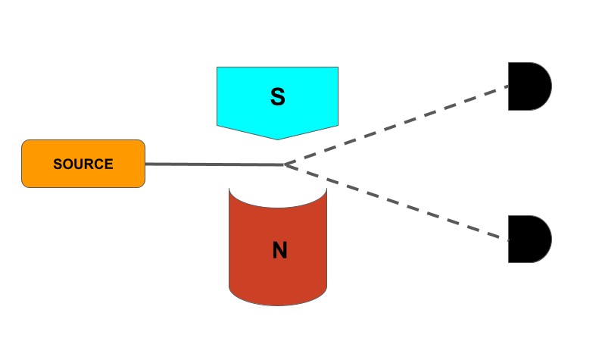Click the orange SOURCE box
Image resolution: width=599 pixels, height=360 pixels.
click(83, 164)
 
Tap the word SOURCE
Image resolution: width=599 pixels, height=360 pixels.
click(83, 164)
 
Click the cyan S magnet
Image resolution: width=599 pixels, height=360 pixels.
click(277, 99)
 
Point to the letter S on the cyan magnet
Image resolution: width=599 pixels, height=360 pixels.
click(278, 97)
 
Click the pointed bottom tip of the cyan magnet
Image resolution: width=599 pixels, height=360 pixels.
click(277, 139)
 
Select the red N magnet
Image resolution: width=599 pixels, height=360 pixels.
click(278, 250)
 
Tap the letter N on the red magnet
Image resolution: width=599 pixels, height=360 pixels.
click(279, 251)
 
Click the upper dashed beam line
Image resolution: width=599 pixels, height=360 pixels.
click(394, 124)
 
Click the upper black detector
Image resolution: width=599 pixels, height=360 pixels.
click(529, 87)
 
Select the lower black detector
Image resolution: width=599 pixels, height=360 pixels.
click(529, 239)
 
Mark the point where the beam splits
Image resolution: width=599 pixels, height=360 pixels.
click(283, 164)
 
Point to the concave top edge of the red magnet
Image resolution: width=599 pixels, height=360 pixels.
click(278, 204)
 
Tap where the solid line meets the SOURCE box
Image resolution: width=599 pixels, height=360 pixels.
click(145, 164)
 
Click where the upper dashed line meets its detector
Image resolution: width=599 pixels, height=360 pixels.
click(509, 86)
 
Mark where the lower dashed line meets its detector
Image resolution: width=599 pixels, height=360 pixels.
click(509, 240)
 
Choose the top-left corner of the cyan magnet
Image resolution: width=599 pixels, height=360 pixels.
click(218, 68)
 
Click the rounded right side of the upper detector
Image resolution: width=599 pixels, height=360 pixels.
click(551, 87)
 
